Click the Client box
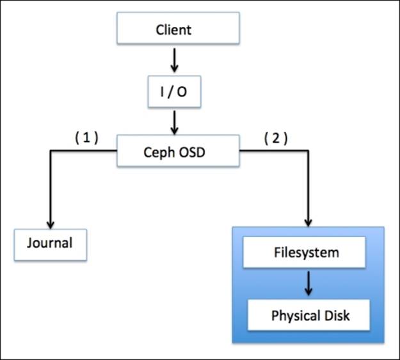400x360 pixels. tap(173, 30)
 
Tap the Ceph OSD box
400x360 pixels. tap(177, 152)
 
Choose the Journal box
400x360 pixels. tap(50, 243)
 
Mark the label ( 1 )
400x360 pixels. tap(86, 137)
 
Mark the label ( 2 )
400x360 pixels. tap(275, 137)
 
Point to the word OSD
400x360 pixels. tap(192, 152)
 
